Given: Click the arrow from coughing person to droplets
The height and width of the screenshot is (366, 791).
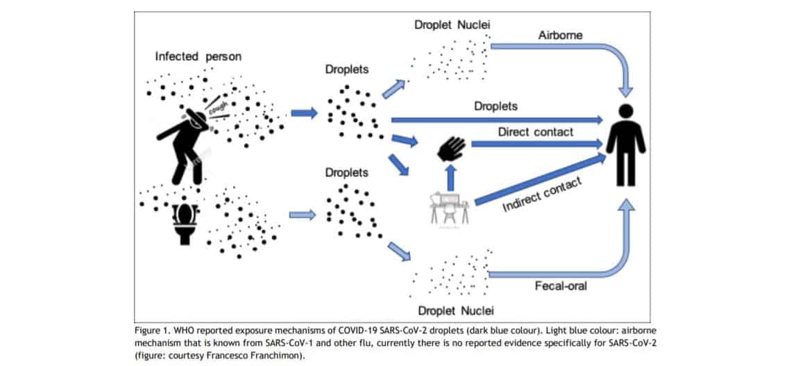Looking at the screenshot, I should tap(304, 113).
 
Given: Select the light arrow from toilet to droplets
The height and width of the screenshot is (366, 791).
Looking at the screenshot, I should tap(303, 215).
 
